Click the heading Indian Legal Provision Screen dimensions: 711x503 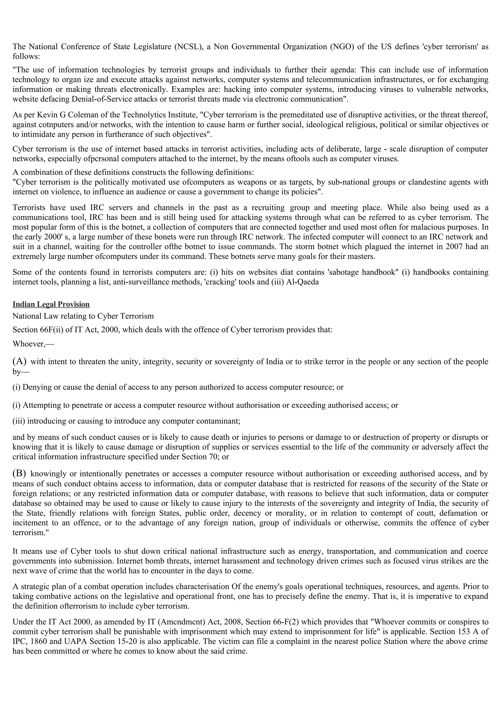tap(51, 304)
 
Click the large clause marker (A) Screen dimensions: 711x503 tap(19, 361)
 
